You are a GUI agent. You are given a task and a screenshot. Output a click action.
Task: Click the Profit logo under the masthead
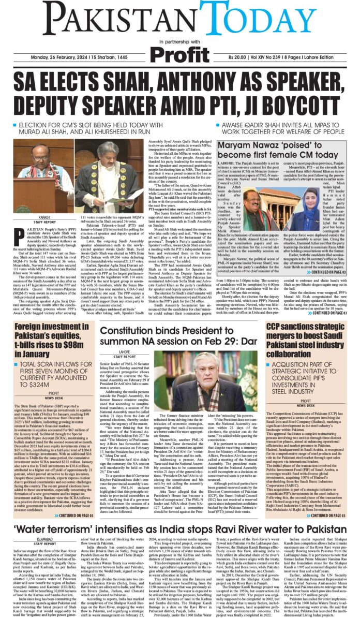[x=179, y=53]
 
